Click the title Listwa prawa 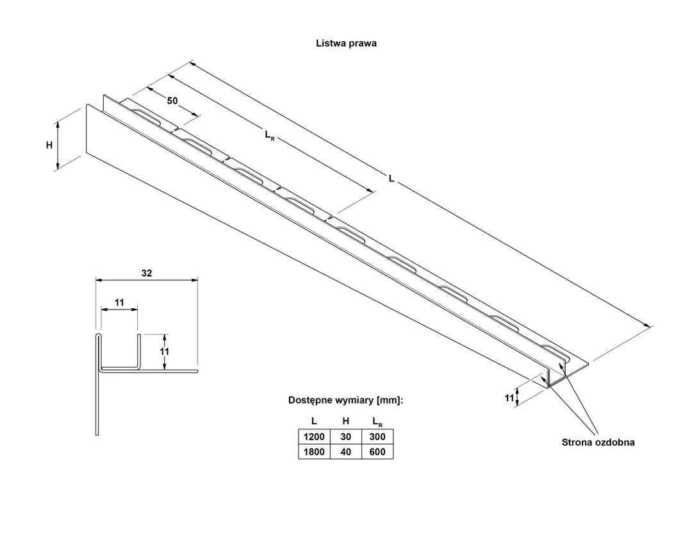(x=346, y=44)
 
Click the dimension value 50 (x=172, y=101)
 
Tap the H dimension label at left (x=49, y=145)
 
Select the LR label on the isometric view (x=269, y=135)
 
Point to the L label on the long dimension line (x=391, y=181)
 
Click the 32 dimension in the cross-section (x=146, y=273)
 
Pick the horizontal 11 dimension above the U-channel (x=119, y=301)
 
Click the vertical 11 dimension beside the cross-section (x=163, y=351)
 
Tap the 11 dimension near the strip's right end (x=509, y=398)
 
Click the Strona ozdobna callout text (x=598, y=442)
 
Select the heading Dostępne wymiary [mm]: (x=345, y=400)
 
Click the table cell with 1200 (x=314, y=437)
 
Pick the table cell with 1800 (x=314, y=452)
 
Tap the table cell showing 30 (x=345, y=437)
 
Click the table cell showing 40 (x=345, y=452)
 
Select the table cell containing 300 (x=377, y=437)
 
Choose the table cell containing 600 (x=377, y=452)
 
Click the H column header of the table (x=345, y=421)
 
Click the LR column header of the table (x=377, y=422)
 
